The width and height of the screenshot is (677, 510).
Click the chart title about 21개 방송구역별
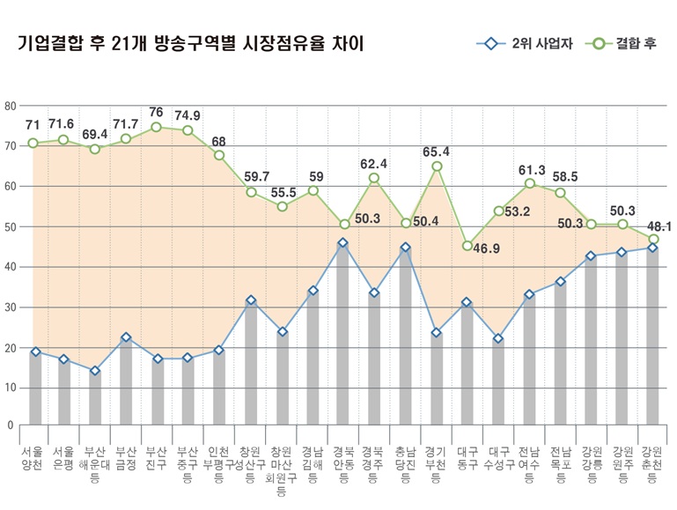pos(190,44)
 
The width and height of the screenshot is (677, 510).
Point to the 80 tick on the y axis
pos(11,106)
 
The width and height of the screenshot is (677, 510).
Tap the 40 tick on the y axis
pos(11,267)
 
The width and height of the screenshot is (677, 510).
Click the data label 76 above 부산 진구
pos(156,112)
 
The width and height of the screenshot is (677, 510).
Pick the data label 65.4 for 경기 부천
pos(436,152)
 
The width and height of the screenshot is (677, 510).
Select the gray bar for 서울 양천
pos(35,388)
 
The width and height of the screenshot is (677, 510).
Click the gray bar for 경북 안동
pos(343,335)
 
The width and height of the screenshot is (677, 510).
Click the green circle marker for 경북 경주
pos(373,178)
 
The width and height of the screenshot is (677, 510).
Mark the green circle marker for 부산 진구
pos(156,127)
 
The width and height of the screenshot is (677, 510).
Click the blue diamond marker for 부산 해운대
pos(95,371)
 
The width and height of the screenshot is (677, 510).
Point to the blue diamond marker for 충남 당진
pos(405,248)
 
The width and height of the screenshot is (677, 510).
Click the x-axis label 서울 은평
pos(63,457)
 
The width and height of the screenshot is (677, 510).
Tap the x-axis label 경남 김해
pos(312,463)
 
